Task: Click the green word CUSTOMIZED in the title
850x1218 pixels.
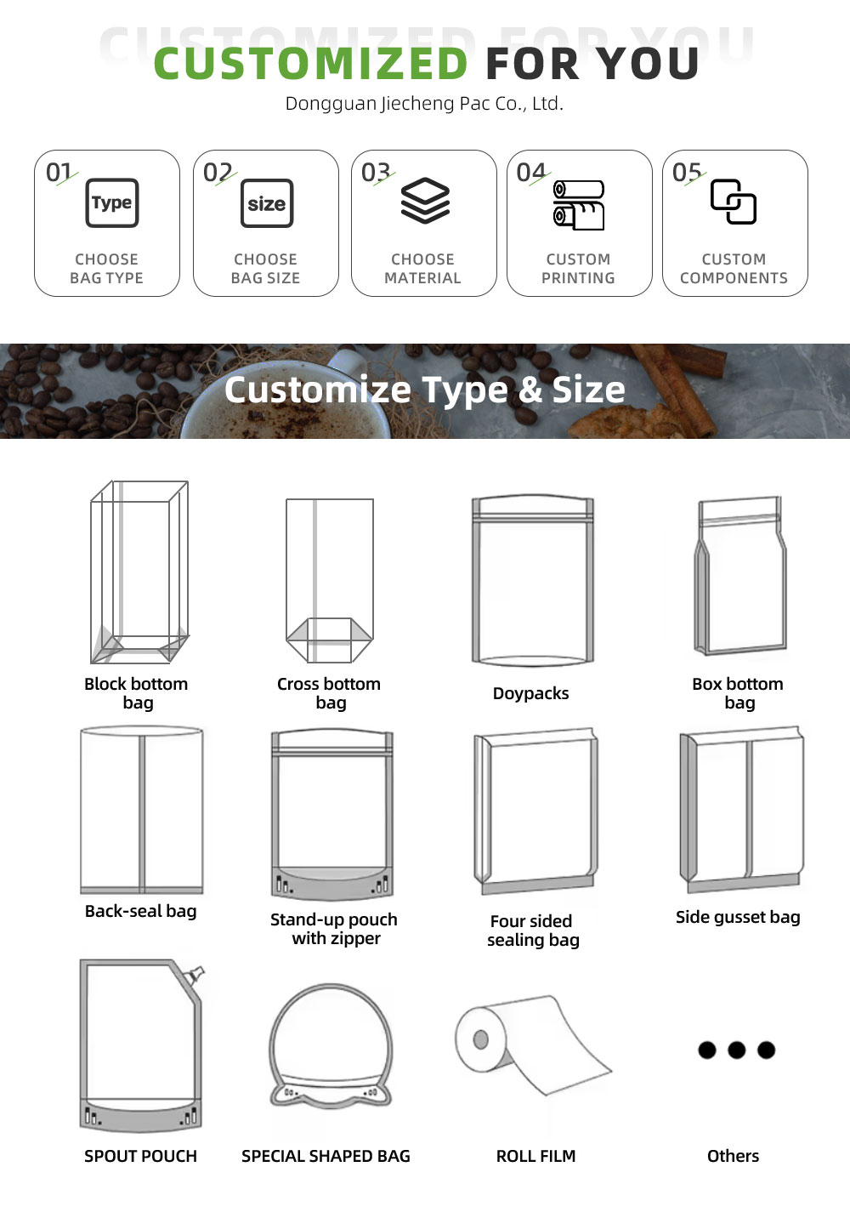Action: (x=311, y=63)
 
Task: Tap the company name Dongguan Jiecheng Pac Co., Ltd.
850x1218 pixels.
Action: (x=424, y=103)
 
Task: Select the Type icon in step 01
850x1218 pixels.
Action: (x=112, y=202)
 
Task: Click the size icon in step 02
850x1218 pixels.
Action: (x=267, y=203)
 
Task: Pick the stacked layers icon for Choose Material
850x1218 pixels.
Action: (x=425, y=201)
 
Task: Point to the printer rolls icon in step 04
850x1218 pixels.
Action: (x=579, y=205)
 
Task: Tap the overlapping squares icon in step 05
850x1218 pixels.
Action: (x=734, y=202)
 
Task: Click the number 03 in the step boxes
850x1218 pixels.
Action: (x=376, y=173)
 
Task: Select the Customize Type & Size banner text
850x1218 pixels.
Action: (x=425, y=390)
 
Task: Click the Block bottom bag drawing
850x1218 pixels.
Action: (x=139, y=572)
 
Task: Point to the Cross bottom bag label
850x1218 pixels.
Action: (x=329, y=692)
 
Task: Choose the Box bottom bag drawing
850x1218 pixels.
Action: (x=740, y=575)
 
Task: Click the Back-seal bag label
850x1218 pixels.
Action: (x=141, y=911)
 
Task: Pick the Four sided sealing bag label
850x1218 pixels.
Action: (x=533, y=931)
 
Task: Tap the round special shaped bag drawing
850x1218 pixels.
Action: (x=331, y=1045)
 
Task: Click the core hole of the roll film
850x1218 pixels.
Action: (x=480, y=1039)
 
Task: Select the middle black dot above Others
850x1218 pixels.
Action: (x=736, y=1050)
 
